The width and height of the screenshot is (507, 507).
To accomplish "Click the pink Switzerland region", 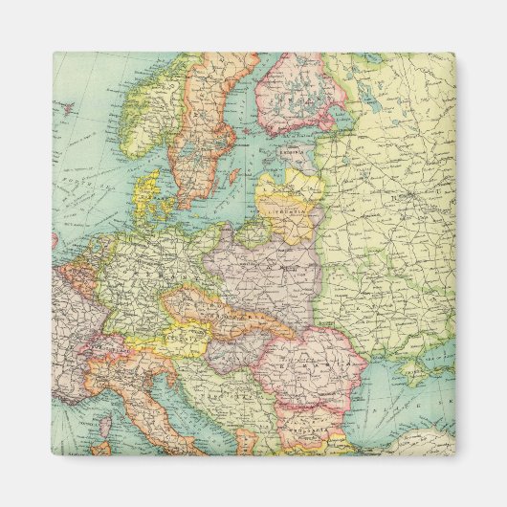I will [113, 336].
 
